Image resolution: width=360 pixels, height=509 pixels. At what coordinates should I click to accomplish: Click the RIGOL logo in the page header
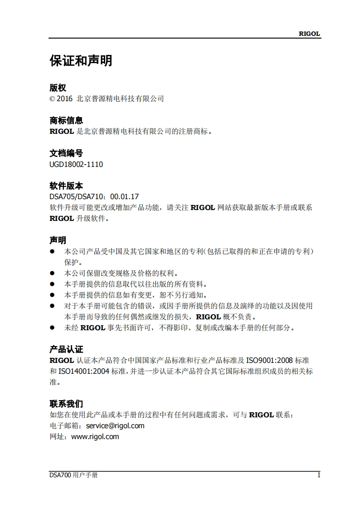(x=309, y=34)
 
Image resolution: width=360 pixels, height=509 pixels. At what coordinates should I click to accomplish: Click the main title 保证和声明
(x=81, y=61)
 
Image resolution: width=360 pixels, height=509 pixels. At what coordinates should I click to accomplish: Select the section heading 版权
(x=58, y=88)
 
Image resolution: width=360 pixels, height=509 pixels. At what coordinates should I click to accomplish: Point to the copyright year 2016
(x=64, y=98)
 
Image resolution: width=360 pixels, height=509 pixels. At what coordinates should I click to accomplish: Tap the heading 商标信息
(x=66, y=121)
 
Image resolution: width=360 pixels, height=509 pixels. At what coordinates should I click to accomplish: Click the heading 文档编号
(x=66, y=153)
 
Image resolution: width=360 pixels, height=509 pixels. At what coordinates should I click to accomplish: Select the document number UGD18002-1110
(x=76, y=164)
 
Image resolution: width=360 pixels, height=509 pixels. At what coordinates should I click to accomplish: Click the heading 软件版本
(x=66, y=186)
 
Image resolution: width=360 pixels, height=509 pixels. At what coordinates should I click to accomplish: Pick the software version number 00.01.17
(x=125, y=197)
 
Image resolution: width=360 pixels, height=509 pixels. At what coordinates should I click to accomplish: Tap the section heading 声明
(x=58, y=240)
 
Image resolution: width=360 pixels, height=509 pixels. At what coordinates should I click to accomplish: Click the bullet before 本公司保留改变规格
(x=52, y=273)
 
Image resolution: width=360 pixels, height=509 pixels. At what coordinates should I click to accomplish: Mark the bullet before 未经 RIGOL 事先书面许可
(x=52, y=328)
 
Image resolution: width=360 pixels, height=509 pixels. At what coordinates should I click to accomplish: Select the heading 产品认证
(x=66, y=349)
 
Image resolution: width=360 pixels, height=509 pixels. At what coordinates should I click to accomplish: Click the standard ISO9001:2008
(x=269, y=361)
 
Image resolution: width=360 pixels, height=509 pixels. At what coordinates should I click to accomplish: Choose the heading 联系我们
(x=66, y=404)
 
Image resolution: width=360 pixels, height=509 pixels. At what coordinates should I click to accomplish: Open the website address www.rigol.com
(x=95, y=436)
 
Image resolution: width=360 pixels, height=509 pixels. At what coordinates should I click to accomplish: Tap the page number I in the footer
(x=319, y=475)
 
